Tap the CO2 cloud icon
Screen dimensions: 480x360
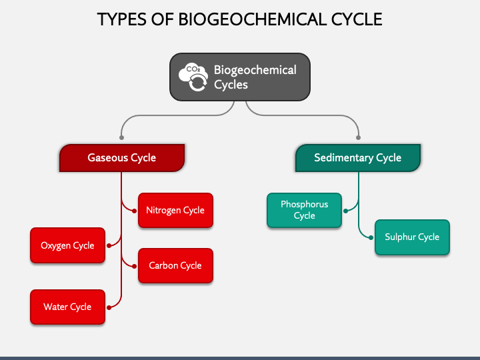coord(193,77)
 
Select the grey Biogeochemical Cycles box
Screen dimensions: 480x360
coord(240,77)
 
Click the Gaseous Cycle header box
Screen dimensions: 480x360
coord(122,158)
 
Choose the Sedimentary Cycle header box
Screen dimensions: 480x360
coord(358,158)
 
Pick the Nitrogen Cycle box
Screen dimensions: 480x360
coord(175,210)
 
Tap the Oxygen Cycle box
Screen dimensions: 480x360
coord(67,245)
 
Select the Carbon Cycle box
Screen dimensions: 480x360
coord(175,265)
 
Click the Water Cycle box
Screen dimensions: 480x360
coord(67,307)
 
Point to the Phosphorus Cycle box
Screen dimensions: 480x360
coord(304,210)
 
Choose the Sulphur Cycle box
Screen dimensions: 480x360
coord(412,237)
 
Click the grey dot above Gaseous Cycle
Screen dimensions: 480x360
coord(121,138)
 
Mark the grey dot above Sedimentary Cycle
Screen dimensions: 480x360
coord(358,138)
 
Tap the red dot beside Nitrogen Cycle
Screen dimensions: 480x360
coord(134,211)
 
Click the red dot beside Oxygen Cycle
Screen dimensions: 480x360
coord(109,245)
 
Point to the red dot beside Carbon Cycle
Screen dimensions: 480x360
coord(134,266)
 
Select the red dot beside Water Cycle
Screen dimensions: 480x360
coord(109,307)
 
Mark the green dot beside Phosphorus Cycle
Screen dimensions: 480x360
coord(345,211)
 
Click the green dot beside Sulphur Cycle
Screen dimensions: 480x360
coord(371,237)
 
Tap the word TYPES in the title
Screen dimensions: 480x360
coord(122,19)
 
